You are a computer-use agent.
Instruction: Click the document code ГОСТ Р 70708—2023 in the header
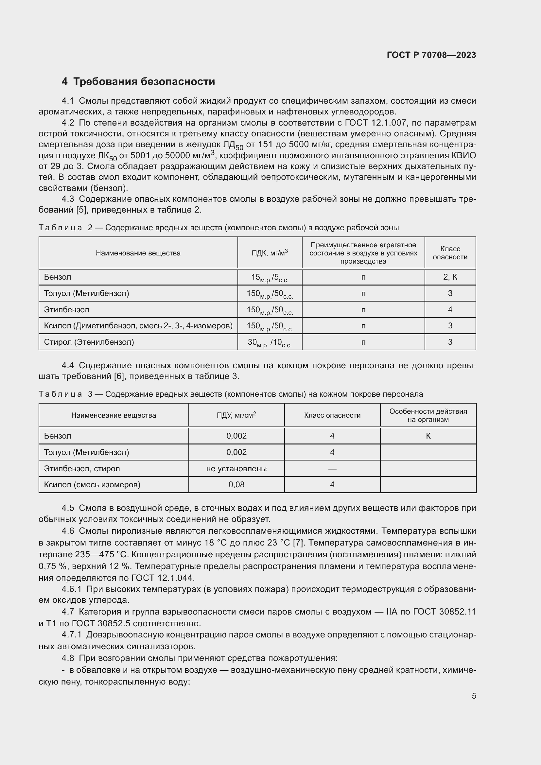[431, 55]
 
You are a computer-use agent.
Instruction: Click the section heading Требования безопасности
[144, 82]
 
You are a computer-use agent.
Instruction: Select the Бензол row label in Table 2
[57, 277]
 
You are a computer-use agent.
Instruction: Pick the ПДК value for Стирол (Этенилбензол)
[270, 342]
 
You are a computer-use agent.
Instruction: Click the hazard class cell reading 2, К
[450, 277]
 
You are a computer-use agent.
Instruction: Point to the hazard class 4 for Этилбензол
[450, 309]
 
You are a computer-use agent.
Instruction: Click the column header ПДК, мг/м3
[270, 253]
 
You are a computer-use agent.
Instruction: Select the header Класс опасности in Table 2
[450, 253]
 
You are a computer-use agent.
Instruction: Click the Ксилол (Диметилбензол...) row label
[138, 325]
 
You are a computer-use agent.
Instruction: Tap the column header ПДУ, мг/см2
[236, 415]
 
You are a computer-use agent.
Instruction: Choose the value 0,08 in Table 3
[236, 484]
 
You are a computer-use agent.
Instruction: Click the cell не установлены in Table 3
[236, 468]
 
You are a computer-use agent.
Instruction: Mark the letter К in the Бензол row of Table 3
[428, 436]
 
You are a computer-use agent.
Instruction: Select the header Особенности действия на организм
[428, 415]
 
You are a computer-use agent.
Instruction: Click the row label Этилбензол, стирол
[82, 468]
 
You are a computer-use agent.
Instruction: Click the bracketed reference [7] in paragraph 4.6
[297, 543]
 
